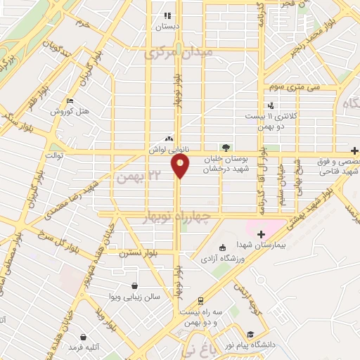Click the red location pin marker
[x=181, y=165]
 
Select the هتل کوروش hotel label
[x=75, y=111]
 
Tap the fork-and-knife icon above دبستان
[x=167, y=15]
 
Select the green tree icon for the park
[x=226, y=148]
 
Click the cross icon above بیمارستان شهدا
[x=262, y=233]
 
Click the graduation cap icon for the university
[x=249, y=334]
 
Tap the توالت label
[x=54, y=155]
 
